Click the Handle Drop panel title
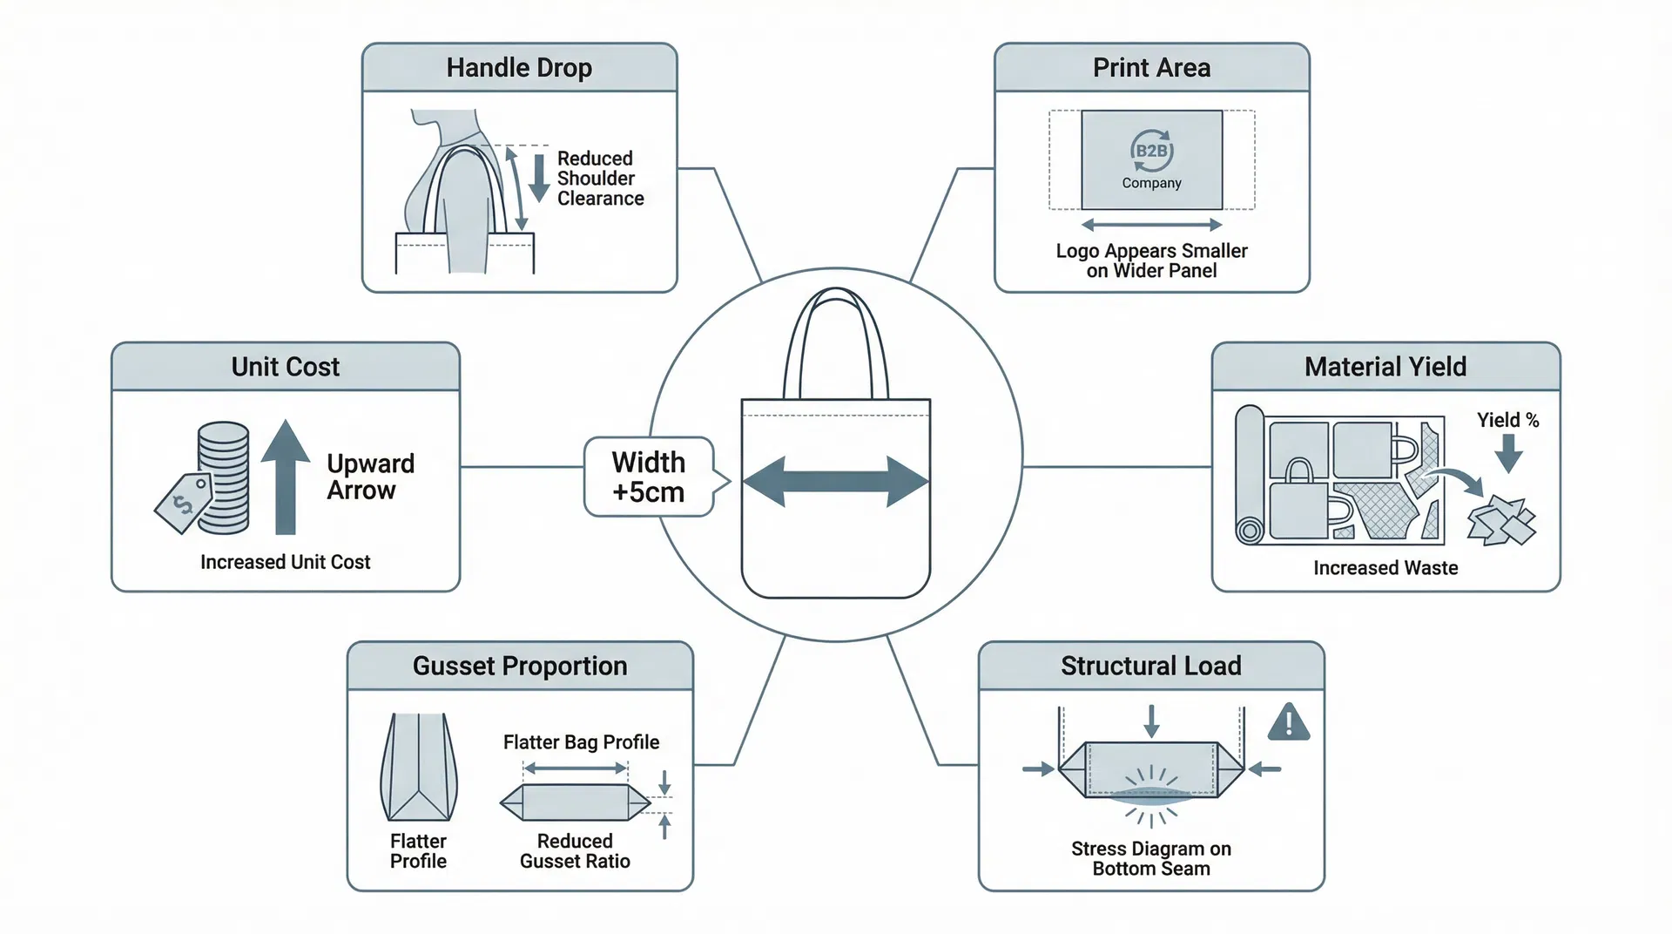click(x=519, y=68)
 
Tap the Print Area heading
click(x=1151, y=68)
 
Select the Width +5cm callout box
click(x=649, y=477)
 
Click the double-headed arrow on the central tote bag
click(x=835, y=481)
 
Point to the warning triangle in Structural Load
click(x=1288, y=722)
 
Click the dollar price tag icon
click(x=184, y=503)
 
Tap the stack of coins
click(x=224, y=477)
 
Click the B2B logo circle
click(x=1151, y=151)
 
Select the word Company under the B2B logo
click(x=1151, y=183)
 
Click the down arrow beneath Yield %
click(x=1508, y=452)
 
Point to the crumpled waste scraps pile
click(x=1501, y=520)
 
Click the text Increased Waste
click(x=1385, y=568)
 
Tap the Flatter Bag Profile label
click(x=581, y=742)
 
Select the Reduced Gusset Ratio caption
click(x=575, y=851)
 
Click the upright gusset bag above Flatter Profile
click(x=419, y=767)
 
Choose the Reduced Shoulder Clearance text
click(x=600, y=179)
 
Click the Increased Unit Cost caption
click(x=285, y=562)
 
